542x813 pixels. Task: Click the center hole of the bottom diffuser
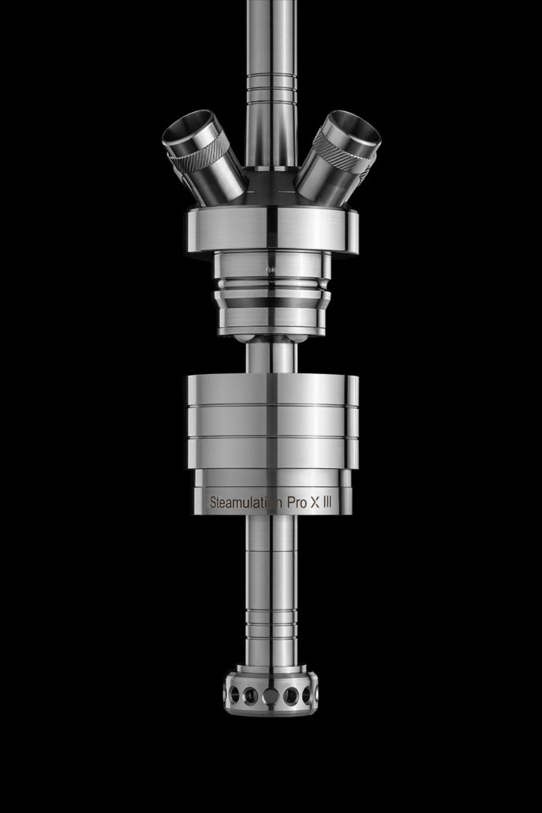(x=271, y=696)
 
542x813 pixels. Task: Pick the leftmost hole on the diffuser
(x=234, y=695)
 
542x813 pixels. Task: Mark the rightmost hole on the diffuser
(x=308, y=695)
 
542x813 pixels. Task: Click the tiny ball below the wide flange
(x=271, y=270)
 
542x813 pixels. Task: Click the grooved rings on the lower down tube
(x=271, y=631)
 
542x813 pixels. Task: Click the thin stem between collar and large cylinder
(x=271, y=357)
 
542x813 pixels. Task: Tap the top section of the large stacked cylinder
(x=271, y=389)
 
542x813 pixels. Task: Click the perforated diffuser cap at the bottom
(x=271, y=693)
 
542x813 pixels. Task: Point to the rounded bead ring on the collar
(x=271, y=284)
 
